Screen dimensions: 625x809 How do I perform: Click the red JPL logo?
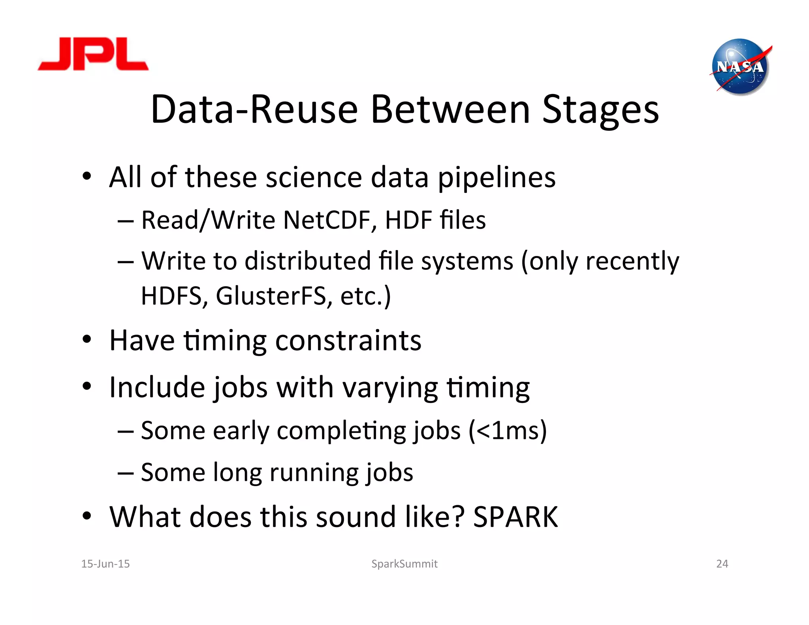pos(93,55)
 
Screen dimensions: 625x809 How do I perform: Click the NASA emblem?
pos(740,67)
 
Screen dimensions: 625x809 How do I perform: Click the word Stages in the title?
pos(600,110)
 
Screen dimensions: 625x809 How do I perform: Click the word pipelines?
pos(497,178)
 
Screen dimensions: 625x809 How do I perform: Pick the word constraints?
pos(348,341)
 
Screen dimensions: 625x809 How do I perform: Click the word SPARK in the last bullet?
pos(516,517)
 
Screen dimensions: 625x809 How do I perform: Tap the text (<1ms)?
pos(508,430)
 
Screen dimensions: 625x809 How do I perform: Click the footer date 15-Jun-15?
pos(105,564)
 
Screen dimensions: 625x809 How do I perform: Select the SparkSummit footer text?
pos(404,564)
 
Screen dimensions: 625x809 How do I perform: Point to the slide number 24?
pos(722,564)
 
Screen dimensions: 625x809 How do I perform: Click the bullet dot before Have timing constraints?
pos(87,339)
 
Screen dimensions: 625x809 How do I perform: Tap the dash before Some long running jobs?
pos(125,473)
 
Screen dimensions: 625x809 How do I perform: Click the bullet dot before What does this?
pos(87,516)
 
